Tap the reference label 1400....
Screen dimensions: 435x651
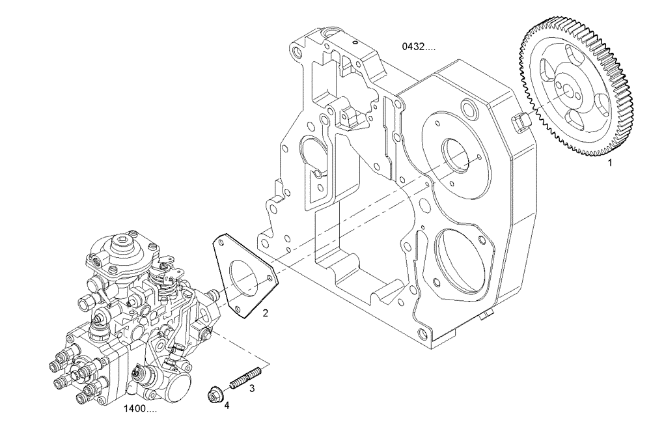pos(140,410)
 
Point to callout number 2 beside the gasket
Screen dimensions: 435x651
pos(265,313)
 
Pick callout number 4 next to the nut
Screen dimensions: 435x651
pos(227,405)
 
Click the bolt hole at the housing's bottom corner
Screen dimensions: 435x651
pos(423,334)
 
